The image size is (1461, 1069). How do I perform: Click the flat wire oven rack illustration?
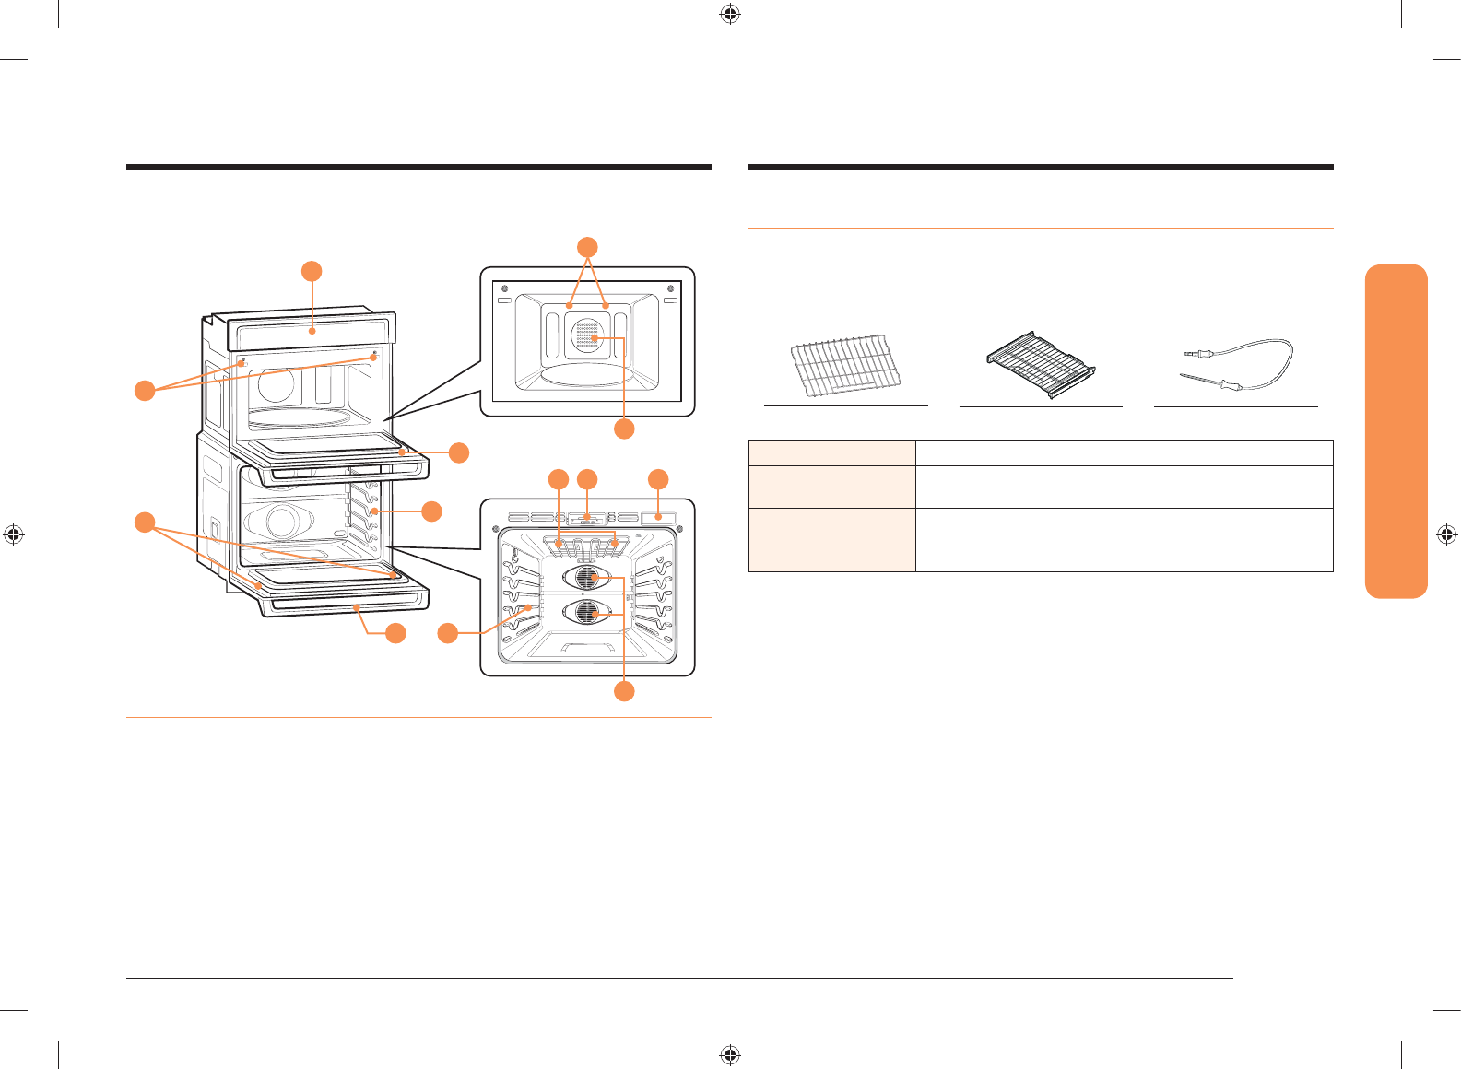point(844,366)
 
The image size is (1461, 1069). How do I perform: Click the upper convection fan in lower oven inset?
point(586,579)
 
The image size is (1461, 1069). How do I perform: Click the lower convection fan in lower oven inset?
point(586,612)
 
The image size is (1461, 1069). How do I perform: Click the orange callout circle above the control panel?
point(312,271)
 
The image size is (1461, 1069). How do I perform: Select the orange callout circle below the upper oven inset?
point(624,429)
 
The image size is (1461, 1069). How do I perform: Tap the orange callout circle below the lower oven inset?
point(624,691)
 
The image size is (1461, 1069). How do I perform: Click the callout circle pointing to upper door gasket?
point(458,452)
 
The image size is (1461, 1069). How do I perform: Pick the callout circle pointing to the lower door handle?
point(395,633)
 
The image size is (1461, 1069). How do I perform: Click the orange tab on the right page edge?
point(1396,431)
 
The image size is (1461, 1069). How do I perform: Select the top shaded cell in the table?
point(831,452)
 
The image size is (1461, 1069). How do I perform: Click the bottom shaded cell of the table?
point(831,540)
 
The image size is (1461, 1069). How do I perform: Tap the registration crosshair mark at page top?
point(730,14)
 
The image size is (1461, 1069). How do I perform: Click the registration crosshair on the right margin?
point(1447,534)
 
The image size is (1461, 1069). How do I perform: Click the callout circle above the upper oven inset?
point(587,247)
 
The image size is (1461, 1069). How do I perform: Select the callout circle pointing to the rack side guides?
point(431,511)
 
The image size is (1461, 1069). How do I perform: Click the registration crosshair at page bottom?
point(730,1054)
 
